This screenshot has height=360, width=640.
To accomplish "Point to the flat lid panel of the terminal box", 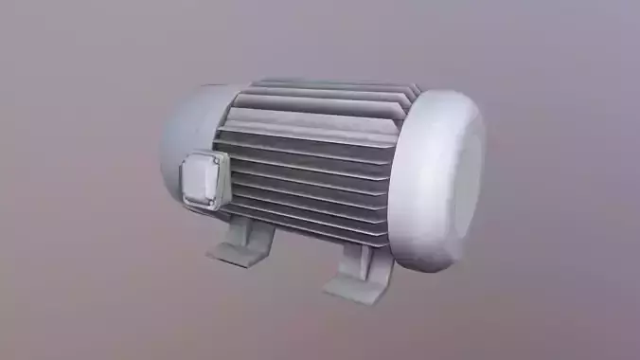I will click(x=203, y=180).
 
